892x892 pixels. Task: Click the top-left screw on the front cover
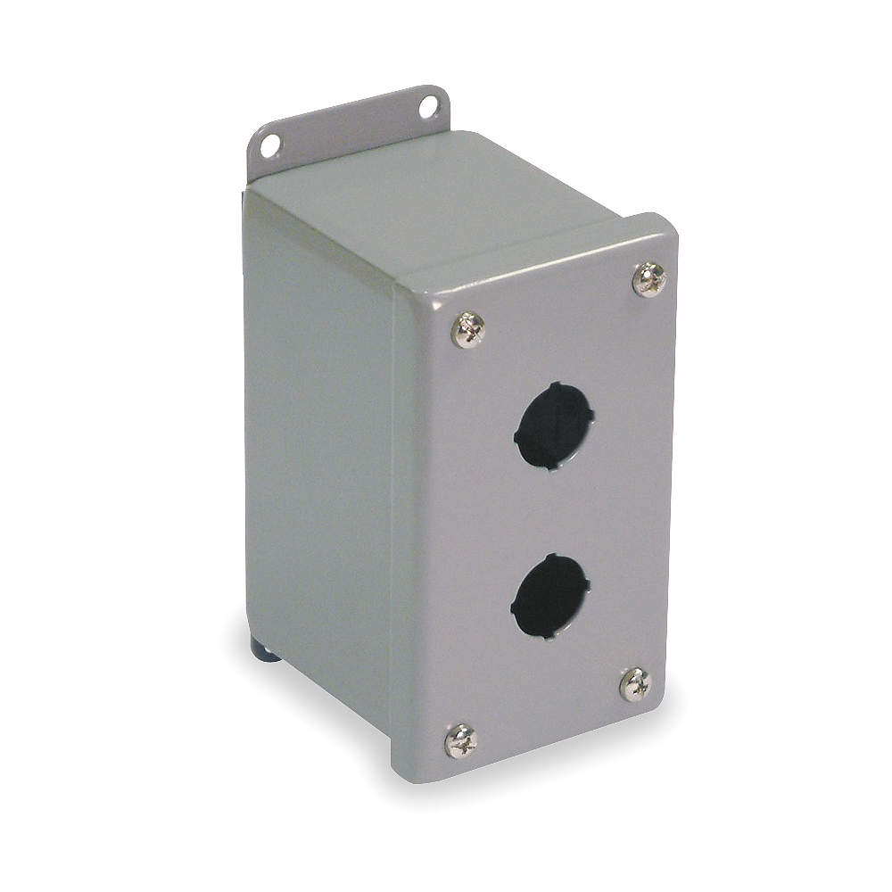[x=469, y=329]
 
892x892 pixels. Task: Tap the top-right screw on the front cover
[x=649, y=279]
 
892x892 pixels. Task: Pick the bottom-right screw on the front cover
[x=636, y=685]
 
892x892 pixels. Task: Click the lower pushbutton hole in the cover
[x=550, y=596]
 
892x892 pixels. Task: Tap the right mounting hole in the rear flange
[x=429, y=107]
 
